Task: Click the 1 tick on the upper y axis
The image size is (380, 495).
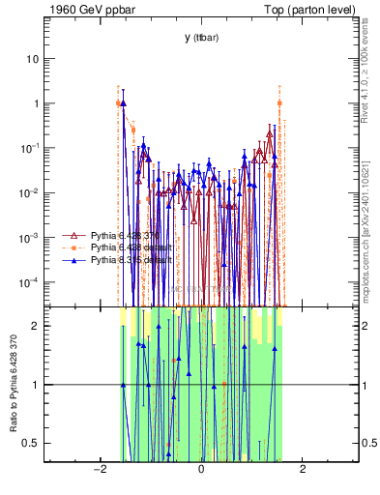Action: click(x=36, y=103)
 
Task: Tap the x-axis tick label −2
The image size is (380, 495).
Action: click(x=98, y=470)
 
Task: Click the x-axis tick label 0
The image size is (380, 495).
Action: click(x=201, y=470)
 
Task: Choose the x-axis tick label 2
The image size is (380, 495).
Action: click(x=303, y=470)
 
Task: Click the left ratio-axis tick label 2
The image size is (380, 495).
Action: click(x=36, y=326)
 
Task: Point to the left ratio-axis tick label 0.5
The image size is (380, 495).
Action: click(x=32, y=443)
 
